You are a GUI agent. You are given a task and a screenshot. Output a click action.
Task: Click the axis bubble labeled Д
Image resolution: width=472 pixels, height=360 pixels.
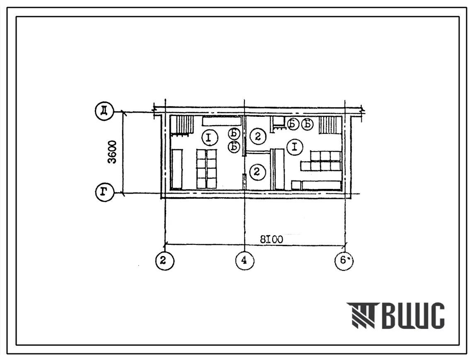(x=104, y=111)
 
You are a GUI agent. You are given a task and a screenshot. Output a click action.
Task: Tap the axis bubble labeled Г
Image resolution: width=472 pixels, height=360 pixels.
(x=104, y=192)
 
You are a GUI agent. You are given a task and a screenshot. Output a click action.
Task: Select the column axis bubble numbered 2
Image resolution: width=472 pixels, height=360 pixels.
(x=165, y=260)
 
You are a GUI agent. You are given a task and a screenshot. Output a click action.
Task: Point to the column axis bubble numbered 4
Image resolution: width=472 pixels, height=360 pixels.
(x=244, y=260)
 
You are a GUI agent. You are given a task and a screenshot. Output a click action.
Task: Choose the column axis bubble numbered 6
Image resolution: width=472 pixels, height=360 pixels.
(x=344, y=260)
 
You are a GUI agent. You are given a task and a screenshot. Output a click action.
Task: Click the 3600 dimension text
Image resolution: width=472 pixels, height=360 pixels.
(x=113, y=152)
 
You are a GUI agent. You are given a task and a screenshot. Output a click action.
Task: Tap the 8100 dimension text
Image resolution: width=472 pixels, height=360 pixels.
(x=271, y=239)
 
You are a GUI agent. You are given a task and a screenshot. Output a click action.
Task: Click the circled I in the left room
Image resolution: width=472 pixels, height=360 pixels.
(x=210, y=138)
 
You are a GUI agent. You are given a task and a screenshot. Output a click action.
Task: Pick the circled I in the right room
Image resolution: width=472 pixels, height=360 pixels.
(x=295, y=147)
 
